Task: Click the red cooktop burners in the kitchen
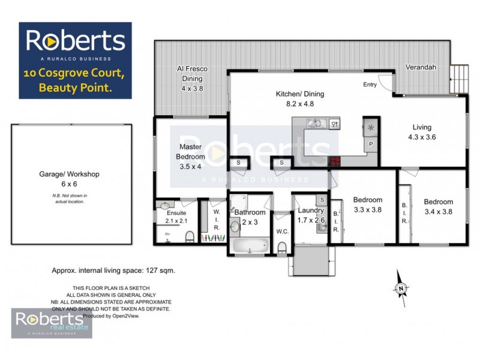tap(335, 161)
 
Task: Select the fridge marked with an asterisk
tap(370, 128)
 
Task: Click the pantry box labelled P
tap(371, 145)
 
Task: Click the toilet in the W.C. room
tap(282, 247)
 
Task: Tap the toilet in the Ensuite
tap(190, 238)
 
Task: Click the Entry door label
tap(370, 85)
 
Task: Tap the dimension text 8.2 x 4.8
tap(299, 104)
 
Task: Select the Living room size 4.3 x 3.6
tap(421, 137)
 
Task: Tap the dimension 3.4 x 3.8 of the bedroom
tap(438, 211)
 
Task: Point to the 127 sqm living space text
tap(113, 271)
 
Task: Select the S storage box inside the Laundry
tap(322, 200)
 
